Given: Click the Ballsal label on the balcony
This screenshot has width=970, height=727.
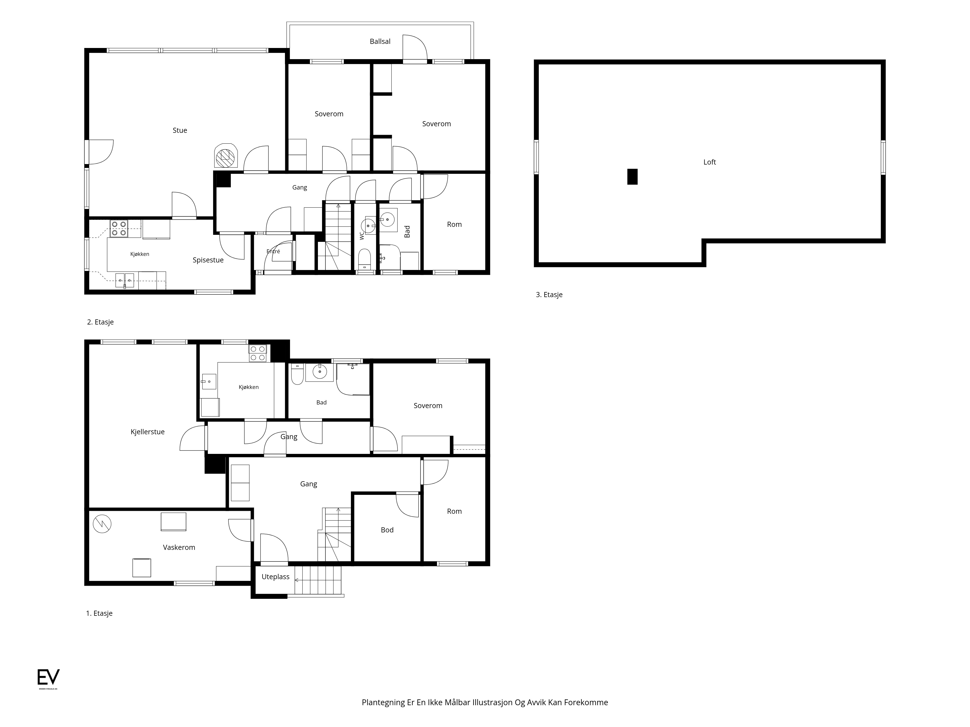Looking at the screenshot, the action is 380,41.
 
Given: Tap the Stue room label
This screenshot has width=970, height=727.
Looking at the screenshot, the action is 180,130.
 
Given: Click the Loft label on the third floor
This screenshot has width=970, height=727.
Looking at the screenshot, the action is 710,162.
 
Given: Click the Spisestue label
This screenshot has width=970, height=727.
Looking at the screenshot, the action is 208,260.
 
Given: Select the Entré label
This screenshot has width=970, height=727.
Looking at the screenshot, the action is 273,251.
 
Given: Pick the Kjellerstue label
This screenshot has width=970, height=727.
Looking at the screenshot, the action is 147,432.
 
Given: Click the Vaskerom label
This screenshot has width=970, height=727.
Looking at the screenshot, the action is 179,547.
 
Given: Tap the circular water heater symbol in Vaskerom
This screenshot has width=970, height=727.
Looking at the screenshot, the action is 102,524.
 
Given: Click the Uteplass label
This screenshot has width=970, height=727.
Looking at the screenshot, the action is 275,577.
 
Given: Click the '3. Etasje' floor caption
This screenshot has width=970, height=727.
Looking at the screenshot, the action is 549,294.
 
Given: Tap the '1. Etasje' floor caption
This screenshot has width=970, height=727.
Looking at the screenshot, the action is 99,613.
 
